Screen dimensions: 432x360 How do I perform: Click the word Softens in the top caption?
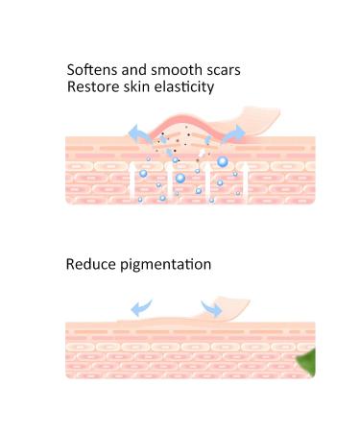[92, 70]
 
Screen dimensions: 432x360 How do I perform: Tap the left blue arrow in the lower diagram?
[141, 305]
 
